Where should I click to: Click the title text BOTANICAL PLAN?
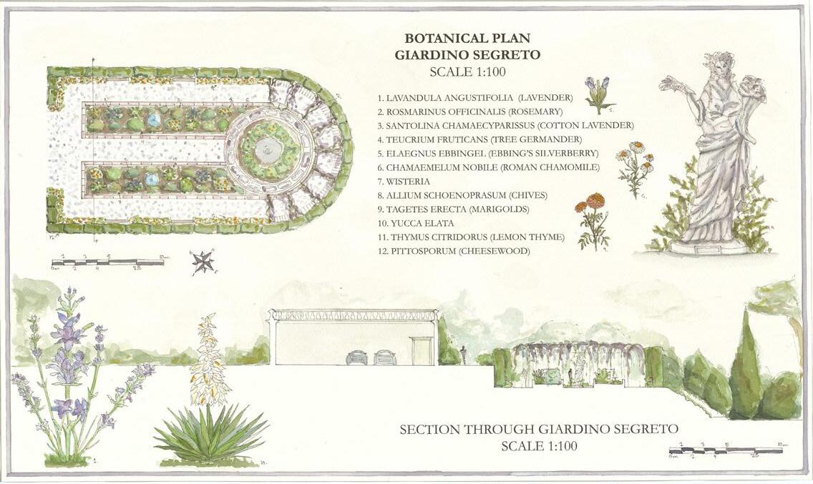point(467,39)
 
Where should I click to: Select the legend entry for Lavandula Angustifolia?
point(475,97)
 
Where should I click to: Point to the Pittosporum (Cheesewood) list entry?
point(454,251)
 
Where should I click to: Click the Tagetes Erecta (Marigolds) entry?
point(448,209)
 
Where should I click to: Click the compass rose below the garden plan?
point(203,262)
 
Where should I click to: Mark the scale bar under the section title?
point(724,450)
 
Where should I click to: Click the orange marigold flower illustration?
point(591,202)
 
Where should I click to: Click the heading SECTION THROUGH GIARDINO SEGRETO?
point(538,430)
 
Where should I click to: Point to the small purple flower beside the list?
point(598,89)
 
